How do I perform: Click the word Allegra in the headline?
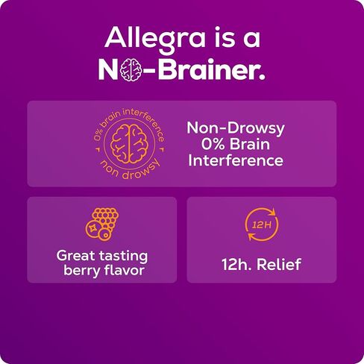pyautogui.click(x=155, y=38)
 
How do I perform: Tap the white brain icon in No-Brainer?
pyautogui.click(x=131, y=69)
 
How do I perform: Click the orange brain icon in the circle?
pyautogui.click(x=129, y=144)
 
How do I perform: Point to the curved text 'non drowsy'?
pyautogui.click(x=129, y=169)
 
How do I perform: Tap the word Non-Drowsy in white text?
pyautogui.click(x=236, y=128)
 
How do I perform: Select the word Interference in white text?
pyautogui.click(x=236, y=160)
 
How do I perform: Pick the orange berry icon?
pyautogui.click(x=102, y=224)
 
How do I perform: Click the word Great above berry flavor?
pyautogui.click(x=76, y=256)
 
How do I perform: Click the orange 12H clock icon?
pyautogui.click(x=262, y=225)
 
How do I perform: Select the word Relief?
pyautogui.click(x=279, y=264)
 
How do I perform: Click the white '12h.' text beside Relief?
pyautogui.click(x=237, y=264)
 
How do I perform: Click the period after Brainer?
pyautogui.click(x=261, y=77)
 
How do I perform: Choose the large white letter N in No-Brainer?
pyautogui.click(x=108, y=69)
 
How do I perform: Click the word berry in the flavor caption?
pyautogui.click(x=82, y=271)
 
